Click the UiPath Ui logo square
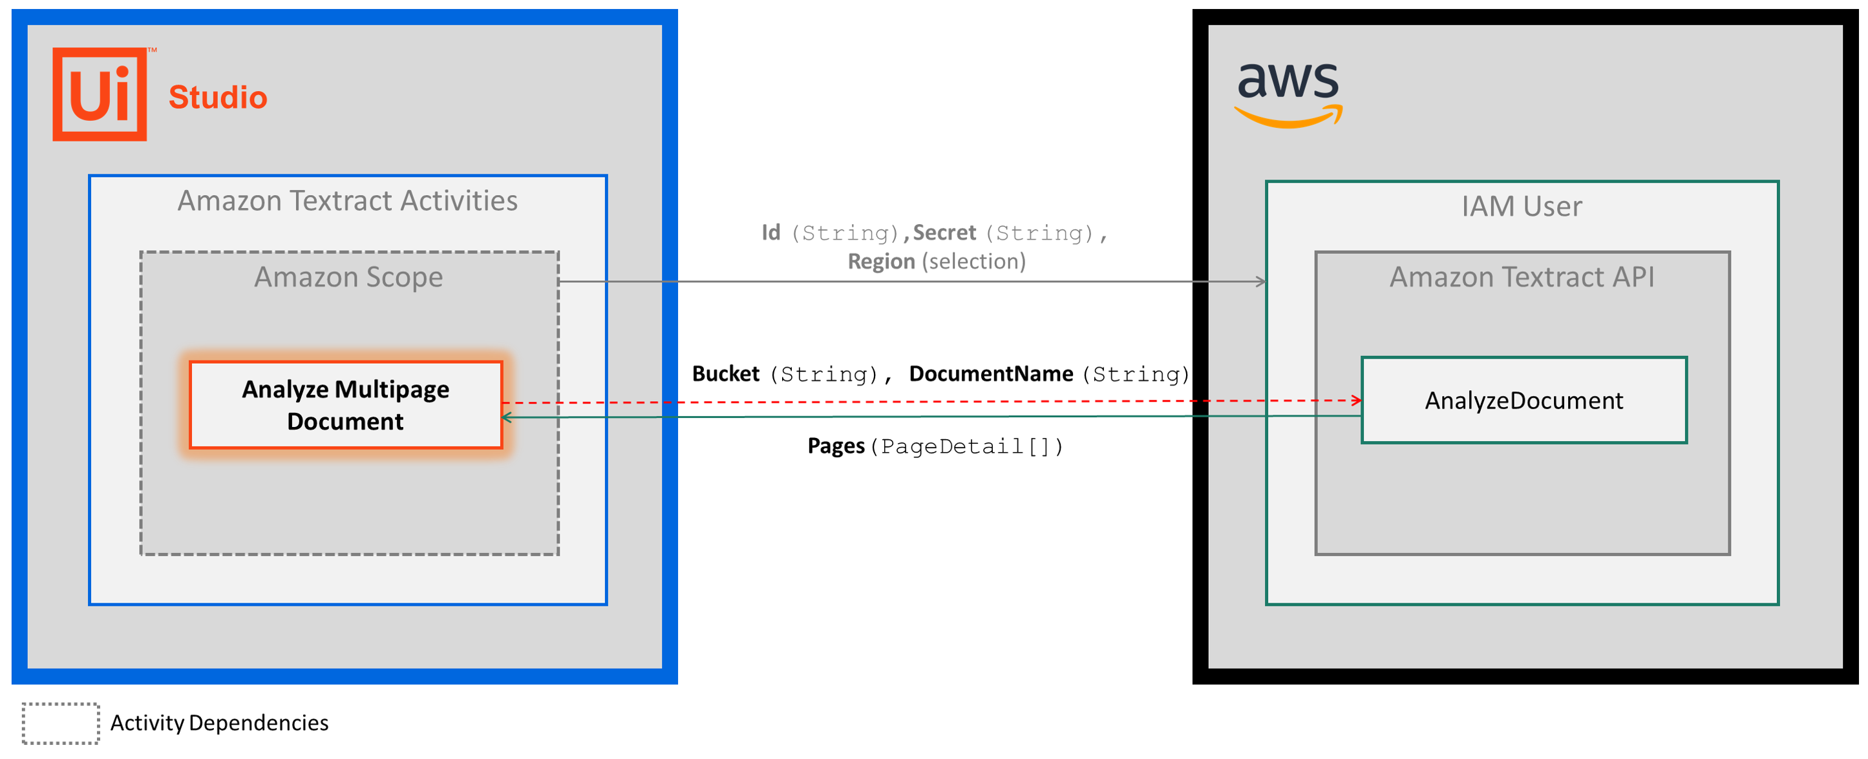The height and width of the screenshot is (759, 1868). (x=100, y=94)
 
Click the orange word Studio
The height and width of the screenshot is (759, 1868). (x=218, y=97)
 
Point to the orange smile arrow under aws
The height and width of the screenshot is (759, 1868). (x=1288, y=118)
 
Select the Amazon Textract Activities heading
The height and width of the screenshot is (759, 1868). (x=347, y=201)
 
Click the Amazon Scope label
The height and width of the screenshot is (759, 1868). (x=348, y=277)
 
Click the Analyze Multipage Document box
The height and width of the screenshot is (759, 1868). (x=345, y=405)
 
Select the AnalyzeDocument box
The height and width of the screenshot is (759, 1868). (x=1523, y=400)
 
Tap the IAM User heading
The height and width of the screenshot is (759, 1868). (x=1522, y=207)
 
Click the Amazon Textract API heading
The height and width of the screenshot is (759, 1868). (x=1522, y=277)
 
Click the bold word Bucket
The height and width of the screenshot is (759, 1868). (x=725, y=374)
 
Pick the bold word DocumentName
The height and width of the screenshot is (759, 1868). (x=991, y=374)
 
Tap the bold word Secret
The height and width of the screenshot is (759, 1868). (x=944, y=233)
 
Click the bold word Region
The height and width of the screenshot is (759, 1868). (x=881, y=262)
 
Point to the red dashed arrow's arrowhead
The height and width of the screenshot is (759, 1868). (x=1356, y=400)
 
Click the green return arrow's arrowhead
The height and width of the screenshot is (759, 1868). (x=507, y=417)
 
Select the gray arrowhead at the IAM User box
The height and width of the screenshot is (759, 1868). (x=1261, y=281)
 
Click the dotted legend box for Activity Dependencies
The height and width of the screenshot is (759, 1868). (x=60, y=723)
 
